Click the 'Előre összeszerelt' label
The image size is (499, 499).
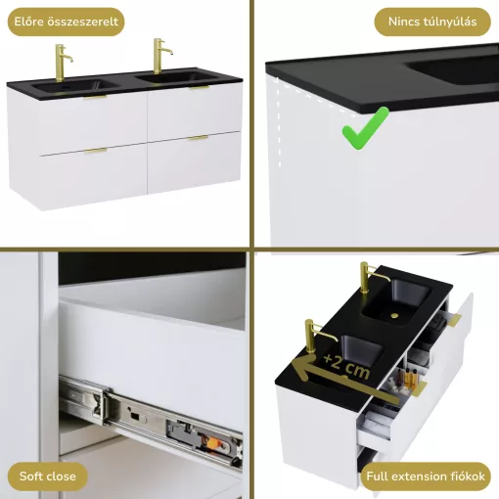[66, 22]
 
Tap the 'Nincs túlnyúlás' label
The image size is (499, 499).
[432, 22]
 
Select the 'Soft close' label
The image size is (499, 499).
[48, 476]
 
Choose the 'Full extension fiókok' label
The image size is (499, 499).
[426, 476]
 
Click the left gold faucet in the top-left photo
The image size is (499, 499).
[62, 63]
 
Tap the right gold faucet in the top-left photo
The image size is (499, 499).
[160, 56]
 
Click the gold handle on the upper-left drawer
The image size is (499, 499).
[95, 97]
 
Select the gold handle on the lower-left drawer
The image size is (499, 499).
[96, 151]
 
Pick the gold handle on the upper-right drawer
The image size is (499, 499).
[200, 87]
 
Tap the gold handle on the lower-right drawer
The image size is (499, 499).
[198, 138]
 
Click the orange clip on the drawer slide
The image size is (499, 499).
[213, 442]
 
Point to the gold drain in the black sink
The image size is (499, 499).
[394, 315]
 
